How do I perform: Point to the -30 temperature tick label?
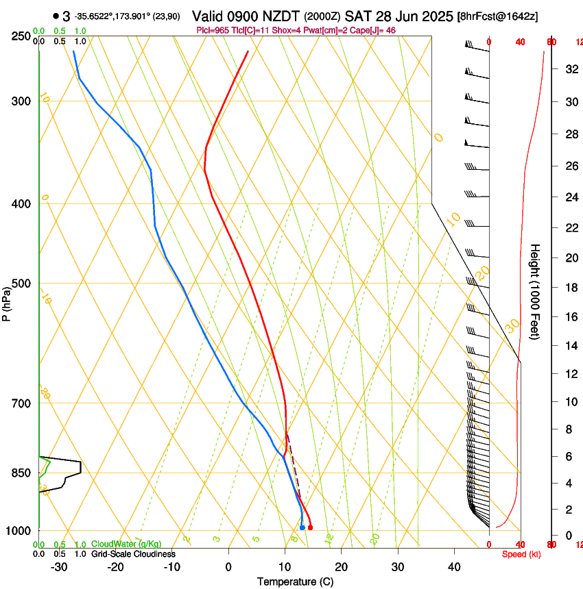[x=59, y=566]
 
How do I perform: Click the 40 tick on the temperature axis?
[x=453, y=566]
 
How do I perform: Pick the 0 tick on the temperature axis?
[x=228, y=566]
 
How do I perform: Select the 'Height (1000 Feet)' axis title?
[x=536, y=291]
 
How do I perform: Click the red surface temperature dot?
[x=311, y=527]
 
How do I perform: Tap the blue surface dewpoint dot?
[x=302, y=527]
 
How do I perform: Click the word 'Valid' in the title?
[x=208, y=16]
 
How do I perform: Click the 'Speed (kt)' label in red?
[x=521, y=554]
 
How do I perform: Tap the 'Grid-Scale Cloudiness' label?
[x=133, y=553]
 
